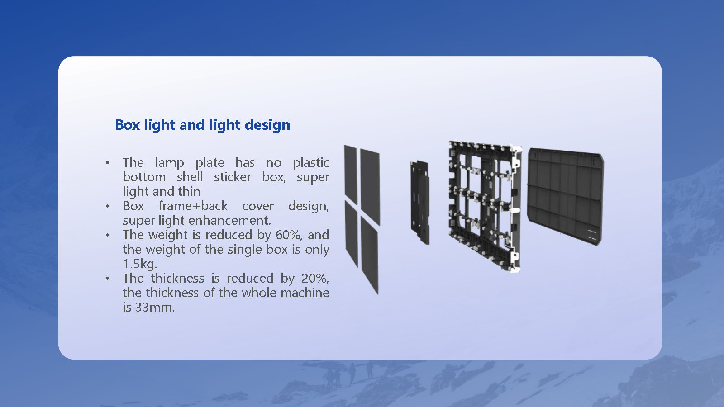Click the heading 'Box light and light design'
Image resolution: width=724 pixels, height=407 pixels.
202,125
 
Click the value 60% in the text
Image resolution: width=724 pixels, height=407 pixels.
289,235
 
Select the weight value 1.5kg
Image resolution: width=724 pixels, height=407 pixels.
139,264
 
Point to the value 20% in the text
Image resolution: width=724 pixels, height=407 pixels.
315,278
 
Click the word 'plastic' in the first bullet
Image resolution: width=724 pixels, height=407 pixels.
310,162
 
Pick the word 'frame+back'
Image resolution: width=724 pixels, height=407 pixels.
193,206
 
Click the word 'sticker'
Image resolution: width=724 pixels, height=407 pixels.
232,177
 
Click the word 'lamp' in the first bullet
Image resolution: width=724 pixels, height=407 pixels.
169,162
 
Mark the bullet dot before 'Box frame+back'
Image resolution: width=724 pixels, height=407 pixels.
108,206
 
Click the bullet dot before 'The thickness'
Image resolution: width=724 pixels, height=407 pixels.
108,279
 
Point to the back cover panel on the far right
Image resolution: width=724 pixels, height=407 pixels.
565,196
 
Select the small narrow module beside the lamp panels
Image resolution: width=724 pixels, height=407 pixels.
420,202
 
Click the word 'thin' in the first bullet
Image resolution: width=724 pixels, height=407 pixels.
189,191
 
